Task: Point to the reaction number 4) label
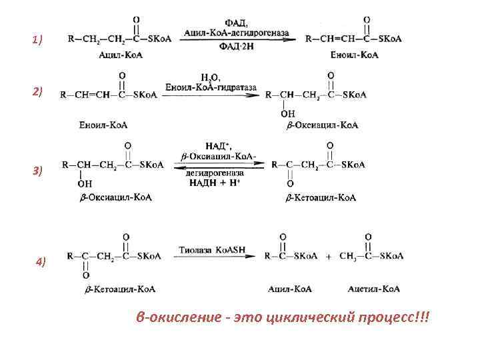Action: (41, 262)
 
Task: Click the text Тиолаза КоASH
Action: (212, 250)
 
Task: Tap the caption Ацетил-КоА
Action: (373, 289)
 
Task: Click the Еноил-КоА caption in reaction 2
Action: (103, 125)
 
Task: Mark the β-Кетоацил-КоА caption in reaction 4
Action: (120, 289)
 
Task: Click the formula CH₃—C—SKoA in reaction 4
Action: (371, 256)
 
